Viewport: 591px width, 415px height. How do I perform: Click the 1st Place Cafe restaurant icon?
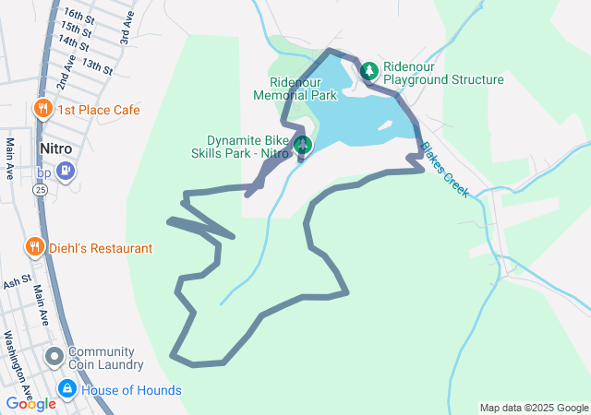[x=42, y=110]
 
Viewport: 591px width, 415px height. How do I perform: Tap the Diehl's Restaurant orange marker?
[x=34, y=247]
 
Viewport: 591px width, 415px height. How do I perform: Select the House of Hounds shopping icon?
[x=66, y=390]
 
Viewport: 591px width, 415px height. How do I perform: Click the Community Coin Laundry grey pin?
[x=54, y=355]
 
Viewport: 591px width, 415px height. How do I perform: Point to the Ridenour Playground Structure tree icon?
[x=369, y=71]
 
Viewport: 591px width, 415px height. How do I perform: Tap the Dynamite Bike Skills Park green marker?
[x=302, y=144]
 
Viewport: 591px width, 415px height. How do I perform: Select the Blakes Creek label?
[x=444, y=169]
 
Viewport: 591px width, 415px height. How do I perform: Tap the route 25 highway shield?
[x=41, y=189]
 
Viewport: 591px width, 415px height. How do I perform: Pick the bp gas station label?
[x=43, y=172]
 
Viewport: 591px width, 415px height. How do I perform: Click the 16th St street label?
[x=79, y=17]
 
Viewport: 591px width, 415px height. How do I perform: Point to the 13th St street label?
[x=96, y=66]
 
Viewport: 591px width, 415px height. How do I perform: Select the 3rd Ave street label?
[x=127, y=32]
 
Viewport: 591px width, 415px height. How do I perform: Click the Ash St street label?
[x=17, y=280]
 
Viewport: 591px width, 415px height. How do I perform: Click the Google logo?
[x=30, y=403]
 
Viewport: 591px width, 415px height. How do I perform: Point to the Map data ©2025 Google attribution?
[x=533, y=408]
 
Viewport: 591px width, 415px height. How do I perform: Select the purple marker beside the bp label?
[x=65, y=170]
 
